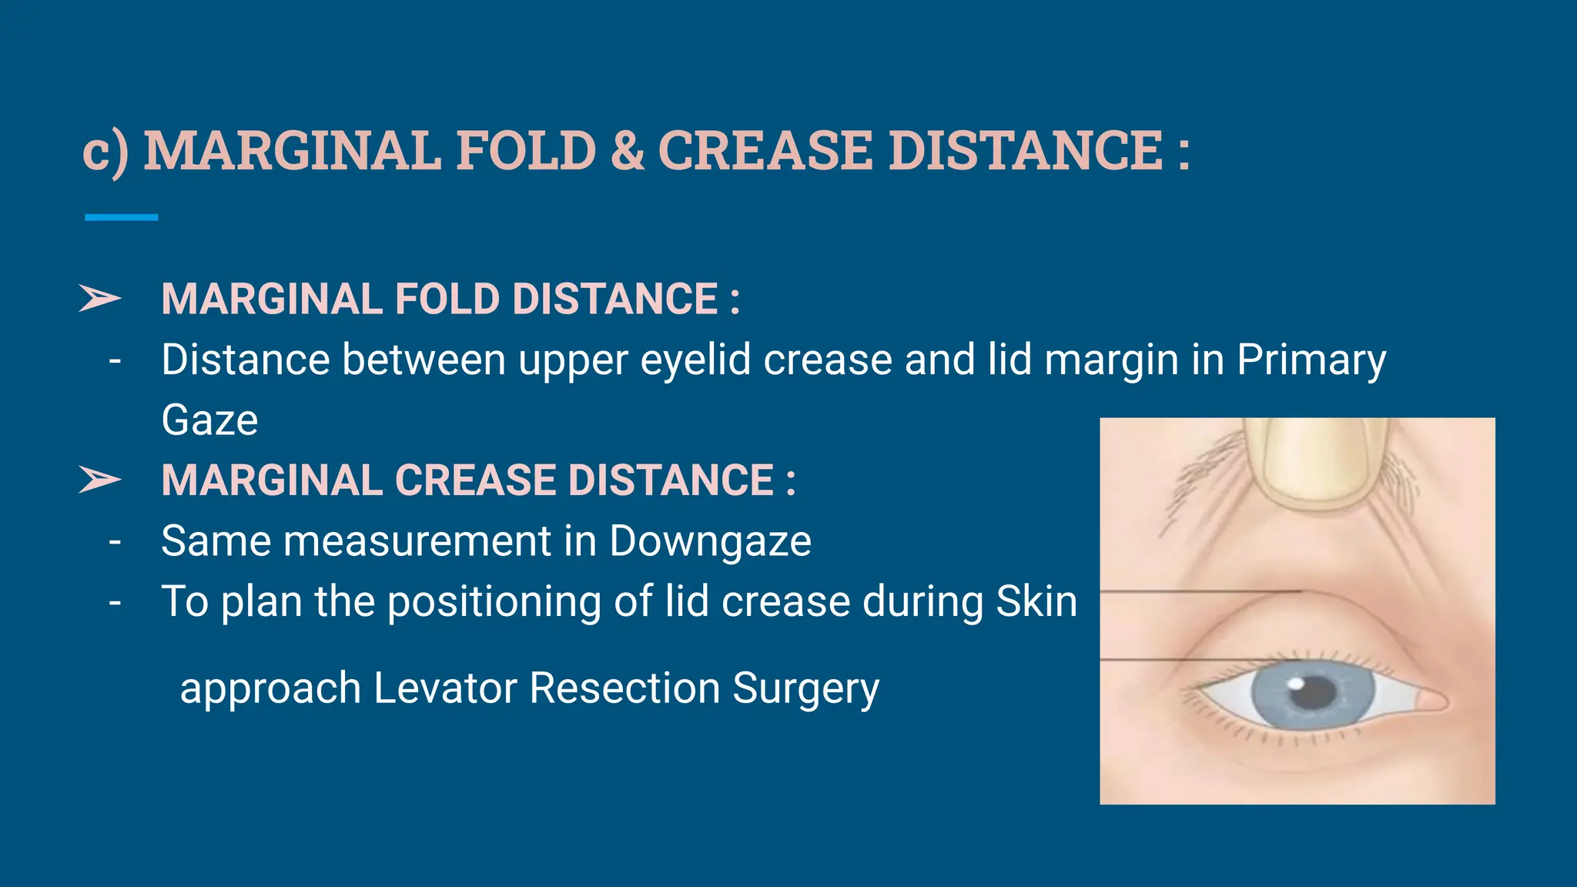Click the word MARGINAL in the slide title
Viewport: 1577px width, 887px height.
(293, 150)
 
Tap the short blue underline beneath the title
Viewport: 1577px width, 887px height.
(121, 218)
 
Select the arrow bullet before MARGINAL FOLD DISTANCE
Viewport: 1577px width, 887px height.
(100, 299)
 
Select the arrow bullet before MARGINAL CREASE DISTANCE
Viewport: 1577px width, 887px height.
(100, 480)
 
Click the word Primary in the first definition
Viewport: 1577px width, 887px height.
(1311, 360)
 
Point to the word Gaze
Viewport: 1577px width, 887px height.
(209, 420)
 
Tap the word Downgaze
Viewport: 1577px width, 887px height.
(710, 541)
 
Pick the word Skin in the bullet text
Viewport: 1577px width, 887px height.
(1036, 601)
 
